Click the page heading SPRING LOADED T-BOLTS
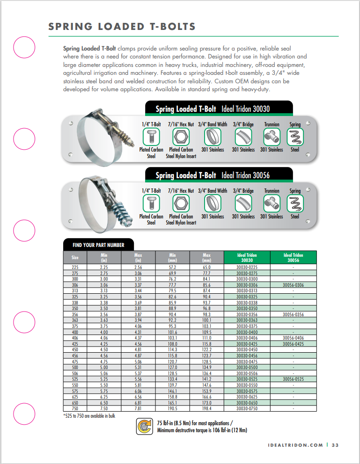122,26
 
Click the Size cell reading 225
75,267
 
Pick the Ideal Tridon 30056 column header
294,257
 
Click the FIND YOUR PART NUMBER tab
98,245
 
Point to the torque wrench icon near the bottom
143,427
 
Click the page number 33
335,445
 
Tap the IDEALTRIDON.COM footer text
296,445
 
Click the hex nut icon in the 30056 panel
181,203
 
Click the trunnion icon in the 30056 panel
272,203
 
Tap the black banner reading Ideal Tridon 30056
219,175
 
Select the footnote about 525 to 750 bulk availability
89,415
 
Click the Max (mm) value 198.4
206,408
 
